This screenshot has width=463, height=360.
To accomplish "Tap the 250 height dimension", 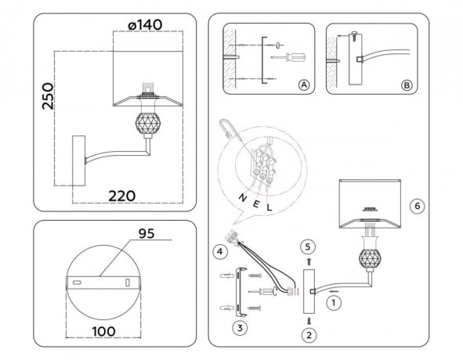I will [x=47, y=97].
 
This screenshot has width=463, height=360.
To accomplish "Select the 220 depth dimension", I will [x=122, y=195].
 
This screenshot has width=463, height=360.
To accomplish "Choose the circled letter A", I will [x=302, y=85].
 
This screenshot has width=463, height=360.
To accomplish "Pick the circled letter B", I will [x=405, y=85].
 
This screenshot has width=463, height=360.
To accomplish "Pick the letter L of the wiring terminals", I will [x=269, y=208].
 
